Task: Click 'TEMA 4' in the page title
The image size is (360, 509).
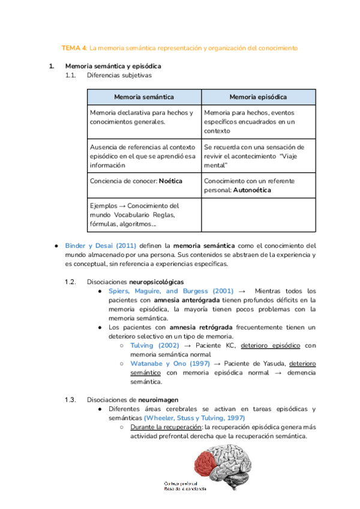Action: [x=75, y=47]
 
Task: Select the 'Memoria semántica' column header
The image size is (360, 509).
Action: [x=145, y=97]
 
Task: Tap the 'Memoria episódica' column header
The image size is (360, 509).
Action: [x=258, y=97]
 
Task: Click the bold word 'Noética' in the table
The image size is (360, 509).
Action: [x=171, y=181]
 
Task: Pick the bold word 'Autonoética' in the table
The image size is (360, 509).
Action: [x=251, y=190]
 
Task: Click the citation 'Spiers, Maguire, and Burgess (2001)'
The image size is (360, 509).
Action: [x=171, y=291]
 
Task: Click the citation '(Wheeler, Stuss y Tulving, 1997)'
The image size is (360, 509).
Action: [x=194, y=418]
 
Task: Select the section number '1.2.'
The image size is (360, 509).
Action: [x=71, y=282]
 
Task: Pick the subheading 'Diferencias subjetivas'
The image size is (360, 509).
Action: [x=119, y=76]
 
